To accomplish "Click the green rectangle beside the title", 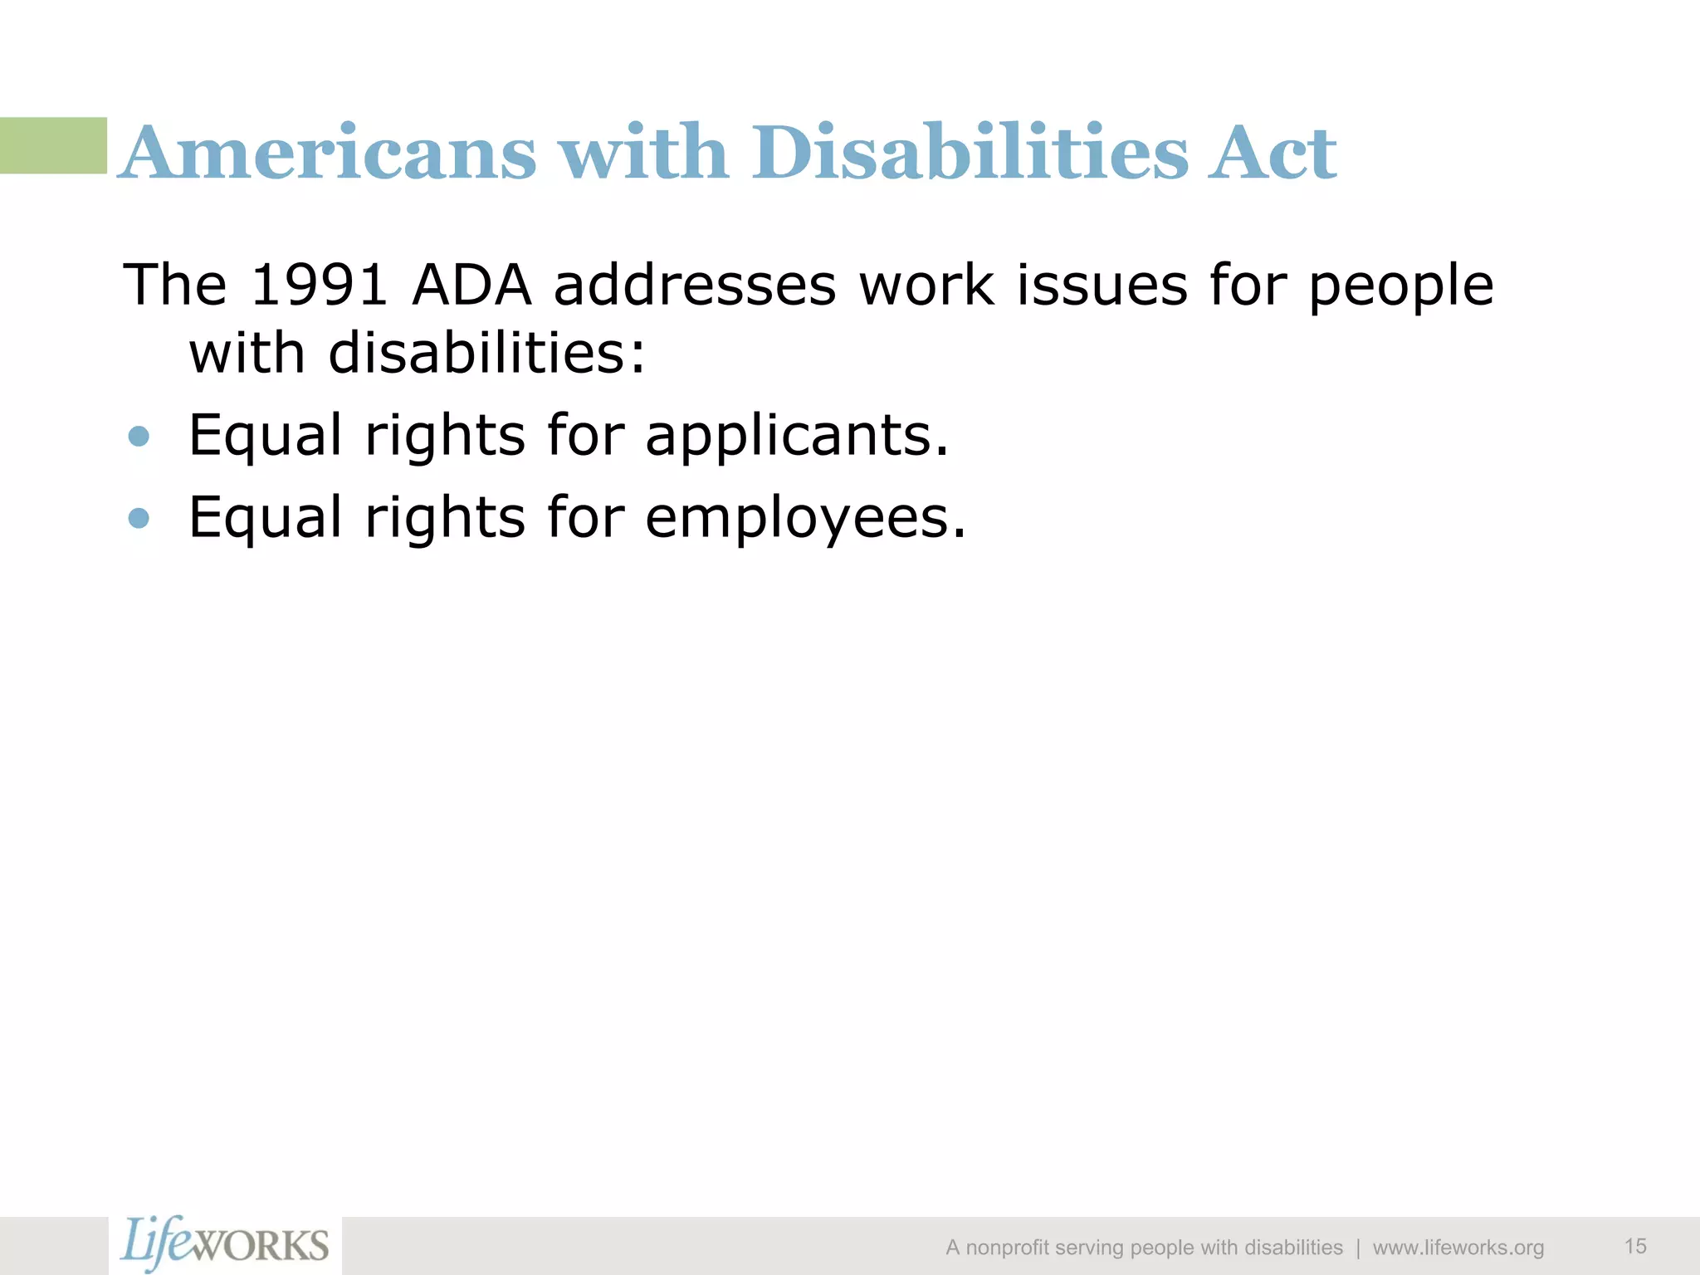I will (x=53, y=145).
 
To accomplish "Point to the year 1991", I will (x=319, y=285).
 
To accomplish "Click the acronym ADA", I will (x=471, y=285).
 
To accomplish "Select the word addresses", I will (x=696, y=285).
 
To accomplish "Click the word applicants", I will (x=797, y=436).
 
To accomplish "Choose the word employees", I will (x=805, y=517).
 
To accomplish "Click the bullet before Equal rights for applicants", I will (x=139, y=437).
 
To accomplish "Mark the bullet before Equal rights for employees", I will (x=139, y=519).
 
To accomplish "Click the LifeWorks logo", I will (x=225, y=1243).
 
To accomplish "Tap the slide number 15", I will (x=1635, y=1246).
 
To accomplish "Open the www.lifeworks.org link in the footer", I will (x=1458, y=1248).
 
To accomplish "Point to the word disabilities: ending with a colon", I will (x=486, y=353).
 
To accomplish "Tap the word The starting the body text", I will (x=174, y=285).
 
